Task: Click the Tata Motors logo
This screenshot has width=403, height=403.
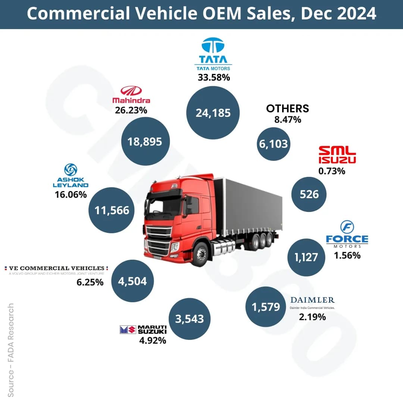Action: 213,54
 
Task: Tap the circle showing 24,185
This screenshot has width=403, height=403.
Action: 213,113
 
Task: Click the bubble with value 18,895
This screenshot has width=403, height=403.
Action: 145,141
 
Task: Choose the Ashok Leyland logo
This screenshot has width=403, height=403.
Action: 71,175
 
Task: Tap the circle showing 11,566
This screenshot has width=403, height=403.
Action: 112,210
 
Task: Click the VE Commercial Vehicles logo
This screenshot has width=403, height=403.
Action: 56,270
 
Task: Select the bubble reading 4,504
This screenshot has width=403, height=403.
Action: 132,281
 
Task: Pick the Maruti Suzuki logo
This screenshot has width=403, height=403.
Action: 143,329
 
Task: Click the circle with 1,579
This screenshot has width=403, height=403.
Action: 266,307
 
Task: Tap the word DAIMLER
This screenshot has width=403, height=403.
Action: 313,300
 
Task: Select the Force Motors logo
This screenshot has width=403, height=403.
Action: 347,235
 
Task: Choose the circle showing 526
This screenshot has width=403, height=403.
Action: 309,194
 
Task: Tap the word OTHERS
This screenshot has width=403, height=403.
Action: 287,108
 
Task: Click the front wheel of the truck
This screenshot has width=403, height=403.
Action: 201,254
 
